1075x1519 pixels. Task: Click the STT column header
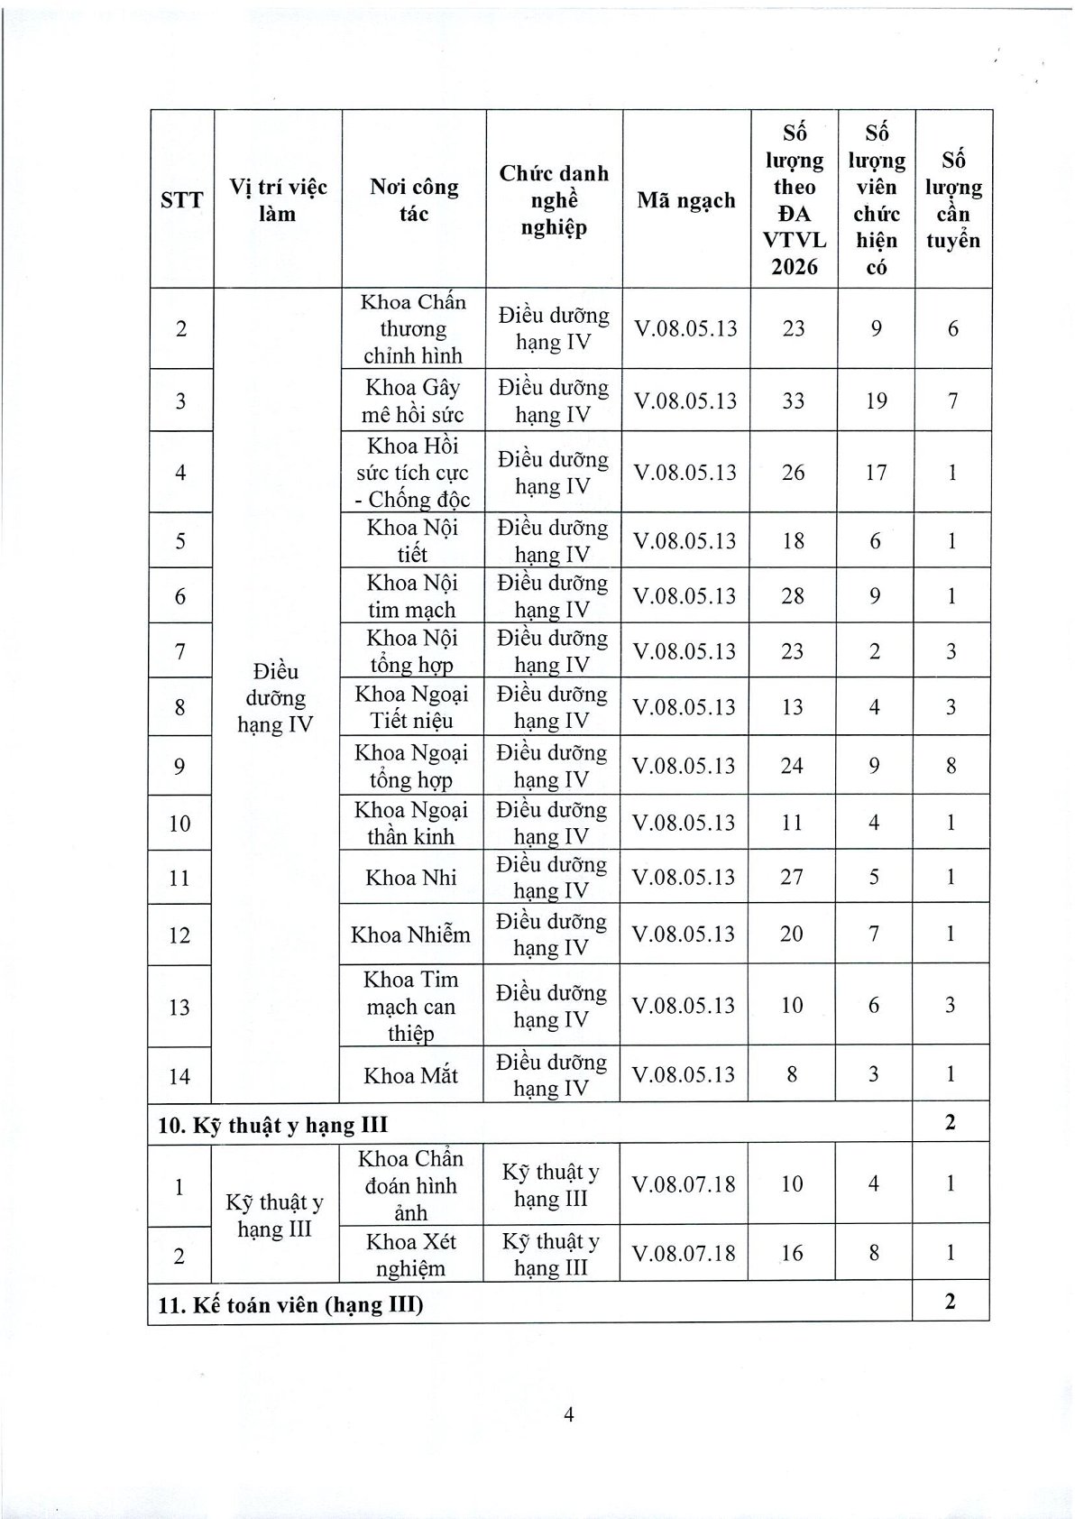[181, 199]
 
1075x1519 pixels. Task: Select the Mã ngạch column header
[686, 199]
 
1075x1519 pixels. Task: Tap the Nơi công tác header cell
[414, 199]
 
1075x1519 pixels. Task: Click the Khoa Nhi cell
[411, 878]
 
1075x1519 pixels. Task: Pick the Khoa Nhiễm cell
[411, 934]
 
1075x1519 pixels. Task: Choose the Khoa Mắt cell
[411, 1075]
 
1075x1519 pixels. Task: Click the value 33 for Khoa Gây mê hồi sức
[794, 400]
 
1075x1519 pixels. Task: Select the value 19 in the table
[876, 400]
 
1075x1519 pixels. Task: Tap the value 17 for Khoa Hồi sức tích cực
[876, 473]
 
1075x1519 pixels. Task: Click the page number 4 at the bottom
[568, 1413]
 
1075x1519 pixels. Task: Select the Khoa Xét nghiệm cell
[411, 1255]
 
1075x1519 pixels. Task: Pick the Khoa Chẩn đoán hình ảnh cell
[411, 1185]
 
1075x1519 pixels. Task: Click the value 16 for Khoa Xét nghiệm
[792, 1253]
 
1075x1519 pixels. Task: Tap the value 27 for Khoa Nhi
[792, 878]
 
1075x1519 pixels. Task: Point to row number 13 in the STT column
[179, 1007]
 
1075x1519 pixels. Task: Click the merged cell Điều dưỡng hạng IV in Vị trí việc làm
[275, 697]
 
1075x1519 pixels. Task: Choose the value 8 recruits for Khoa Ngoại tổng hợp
[951, 766]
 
